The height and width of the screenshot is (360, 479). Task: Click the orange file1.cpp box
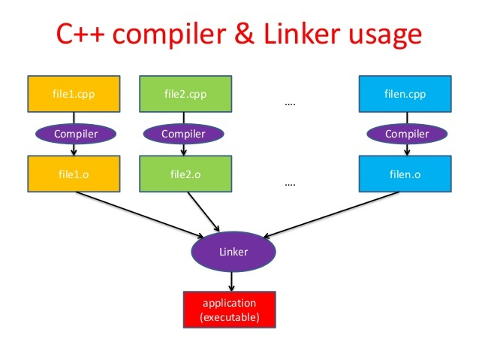coord(72,95)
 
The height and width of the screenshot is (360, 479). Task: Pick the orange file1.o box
coord(72,174)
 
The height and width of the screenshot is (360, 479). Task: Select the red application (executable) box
coord(230,309)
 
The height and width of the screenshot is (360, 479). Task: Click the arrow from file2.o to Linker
coord(203,211)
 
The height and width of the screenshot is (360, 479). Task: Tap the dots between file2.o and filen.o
coord(291,183)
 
